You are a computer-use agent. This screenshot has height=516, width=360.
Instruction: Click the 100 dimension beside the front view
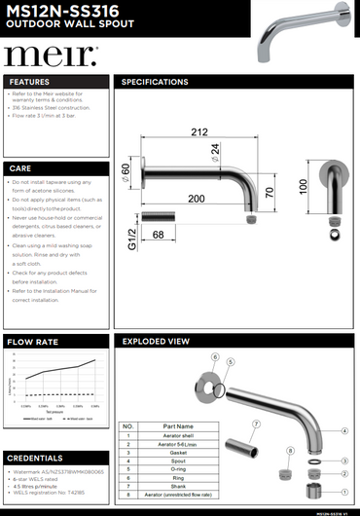coord(304,184)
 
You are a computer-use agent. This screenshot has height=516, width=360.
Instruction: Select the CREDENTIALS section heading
coord(36,458)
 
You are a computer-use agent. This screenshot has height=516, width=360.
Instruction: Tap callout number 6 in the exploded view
coord(214,356)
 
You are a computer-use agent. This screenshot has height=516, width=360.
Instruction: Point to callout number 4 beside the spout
coord(344,430)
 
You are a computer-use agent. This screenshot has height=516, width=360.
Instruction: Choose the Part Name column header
coord(179,426)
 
